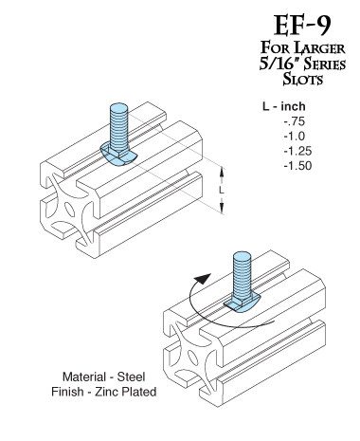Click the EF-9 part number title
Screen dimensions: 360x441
[302, 26]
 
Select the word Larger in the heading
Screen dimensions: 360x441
[319, 48]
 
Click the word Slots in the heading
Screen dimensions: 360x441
[302, 79]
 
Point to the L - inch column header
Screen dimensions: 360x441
[284, 106]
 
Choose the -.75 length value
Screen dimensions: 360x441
[295, 121]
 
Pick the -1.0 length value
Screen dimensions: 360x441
[295, 137]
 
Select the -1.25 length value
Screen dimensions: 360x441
[297, 151]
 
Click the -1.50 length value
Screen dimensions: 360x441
[297, 166]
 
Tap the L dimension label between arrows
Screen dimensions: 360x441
[222, 190]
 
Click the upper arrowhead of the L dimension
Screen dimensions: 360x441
[222, 172]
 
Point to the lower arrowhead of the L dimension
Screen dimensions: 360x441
[222, 209]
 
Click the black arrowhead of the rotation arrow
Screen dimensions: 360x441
[203, 280]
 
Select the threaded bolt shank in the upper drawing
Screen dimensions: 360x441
[118, 125]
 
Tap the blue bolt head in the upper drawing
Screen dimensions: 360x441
[118, 155]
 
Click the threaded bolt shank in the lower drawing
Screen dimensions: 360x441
[242, 274]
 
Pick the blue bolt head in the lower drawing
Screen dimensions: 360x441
[243, 303]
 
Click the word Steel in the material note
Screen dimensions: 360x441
[131, 377]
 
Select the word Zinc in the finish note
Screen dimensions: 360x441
[107, 392]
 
